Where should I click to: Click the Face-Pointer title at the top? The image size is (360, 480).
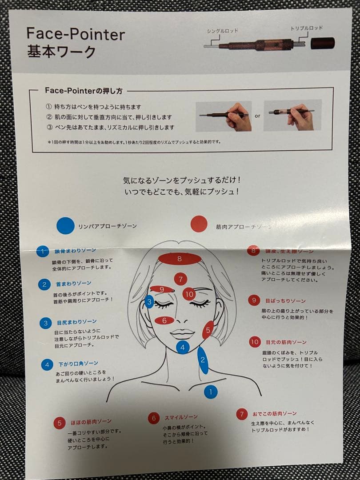click(x=76, y=34)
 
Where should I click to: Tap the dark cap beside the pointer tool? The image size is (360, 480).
click(x=323, y=43)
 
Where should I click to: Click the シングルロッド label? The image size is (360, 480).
click(x=223, y=31)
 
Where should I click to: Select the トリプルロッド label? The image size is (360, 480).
click(x=307, y=28)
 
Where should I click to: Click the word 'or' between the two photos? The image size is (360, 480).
click(x=257, y=116)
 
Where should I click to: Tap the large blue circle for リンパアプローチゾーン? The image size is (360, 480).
click(x=65, y=225)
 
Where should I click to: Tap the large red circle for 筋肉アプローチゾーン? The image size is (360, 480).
click(x=199, y=224)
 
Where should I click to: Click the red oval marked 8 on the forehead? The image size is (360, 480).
click(x=180, y=258)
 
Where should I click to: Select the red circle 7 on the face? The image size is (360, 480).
click(x=180, y=279)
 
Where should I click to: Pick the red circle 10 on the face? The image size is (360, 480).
click(x=189, y=293)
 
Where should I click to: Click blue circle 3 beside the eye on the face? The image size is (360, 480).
click(x=149, y=302)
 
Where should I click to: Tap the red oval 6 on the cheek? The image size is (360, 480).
click(x=164, y=320)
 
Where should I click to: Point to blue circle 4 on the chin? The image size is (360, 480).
click(x=183, y=347)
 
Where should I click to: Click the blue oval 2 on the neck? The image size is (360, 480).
click(x=203, y=360)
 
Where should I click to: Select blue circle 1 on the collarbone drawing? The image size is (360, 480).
click(x=211, y=392)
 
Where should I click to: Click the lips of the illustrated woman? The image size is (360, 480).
click(x=182, y=334)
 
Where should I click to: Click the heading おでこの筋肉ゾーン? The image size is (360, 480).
click(x=274, y=413)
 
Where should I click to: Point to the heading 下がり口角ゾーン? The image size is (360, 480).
click(x=78, y=364)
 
